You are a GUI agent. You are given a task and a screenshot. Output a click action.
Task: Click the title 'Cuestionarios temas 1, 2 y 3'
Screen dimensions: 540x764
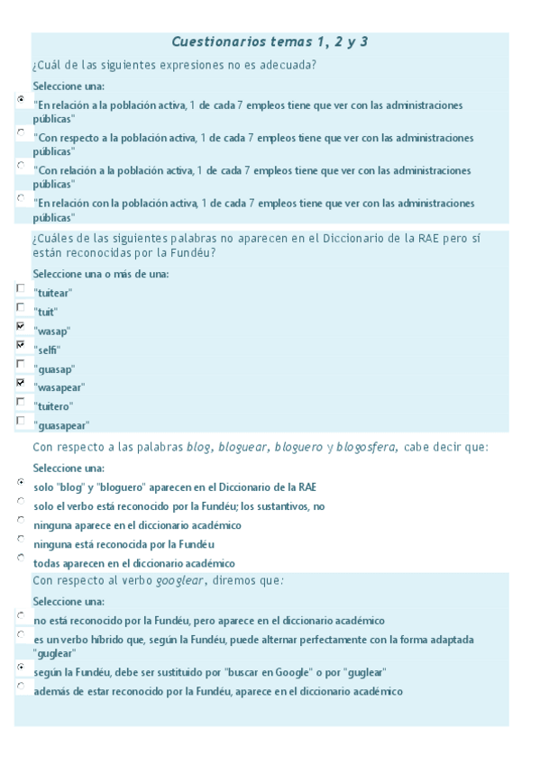(x=270, y=41)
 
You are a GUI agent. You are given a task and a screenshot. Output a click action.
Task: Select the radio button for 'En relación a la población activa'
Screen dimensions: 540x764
(x=21, y=101)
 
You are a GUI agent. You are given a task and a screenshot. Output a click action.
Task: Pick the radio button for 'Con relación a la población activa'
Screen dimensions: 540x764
(x=21, y=166)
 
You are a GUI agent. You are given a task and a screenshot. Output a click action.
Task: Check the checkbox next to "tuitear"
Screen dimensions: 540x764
(x=21, y=288)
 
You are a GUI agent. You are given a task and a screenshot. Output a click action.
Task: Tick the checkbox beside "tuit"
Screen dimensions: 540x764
(x=21, y=307)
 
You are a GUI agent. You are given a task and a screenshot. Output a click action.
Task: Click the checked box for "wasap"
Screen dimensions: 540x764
(x=21, y=326)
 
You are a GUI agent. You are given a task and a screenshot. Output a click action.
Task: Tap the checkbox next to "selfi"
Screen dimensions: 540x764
(x=21, y=345)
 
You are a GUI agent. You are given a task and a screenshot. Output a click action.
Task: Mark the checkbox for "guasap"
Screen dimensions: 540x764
(x=21, y=364)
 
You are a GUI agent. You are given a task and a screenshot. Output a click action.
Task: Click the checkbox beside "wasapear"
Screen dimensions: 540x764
(x=21, y=383)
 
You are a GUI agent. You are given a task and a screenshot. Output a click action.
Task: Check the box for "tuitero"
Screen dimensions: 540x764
(x=21, y=402)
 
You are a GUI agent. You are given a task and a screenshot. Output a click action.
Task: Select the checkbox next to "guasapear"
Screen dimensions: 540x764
(x=21, y=421)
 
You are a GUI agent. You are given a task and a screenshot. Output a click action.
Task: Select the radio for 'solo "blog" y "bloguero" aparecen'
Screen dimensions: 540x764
(x=21, y=483)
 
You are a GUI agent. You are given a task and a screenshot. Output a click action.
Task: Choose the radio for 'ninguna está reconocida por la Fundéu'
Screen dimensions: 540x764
(x=21, y=540)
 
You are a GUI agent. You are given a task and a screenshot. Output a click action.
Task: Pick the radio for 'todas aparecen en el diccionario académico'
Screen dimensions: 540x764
(x=21, y=559)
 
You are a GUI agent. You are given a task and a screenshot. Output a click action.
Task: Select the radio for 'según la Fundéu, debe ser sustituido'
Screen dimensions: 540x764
(x=21, y=668)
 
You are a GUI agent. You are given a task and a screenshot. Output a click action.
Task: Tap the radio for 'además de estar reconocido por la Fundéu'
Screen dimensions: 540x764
(x=21, y=687)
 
